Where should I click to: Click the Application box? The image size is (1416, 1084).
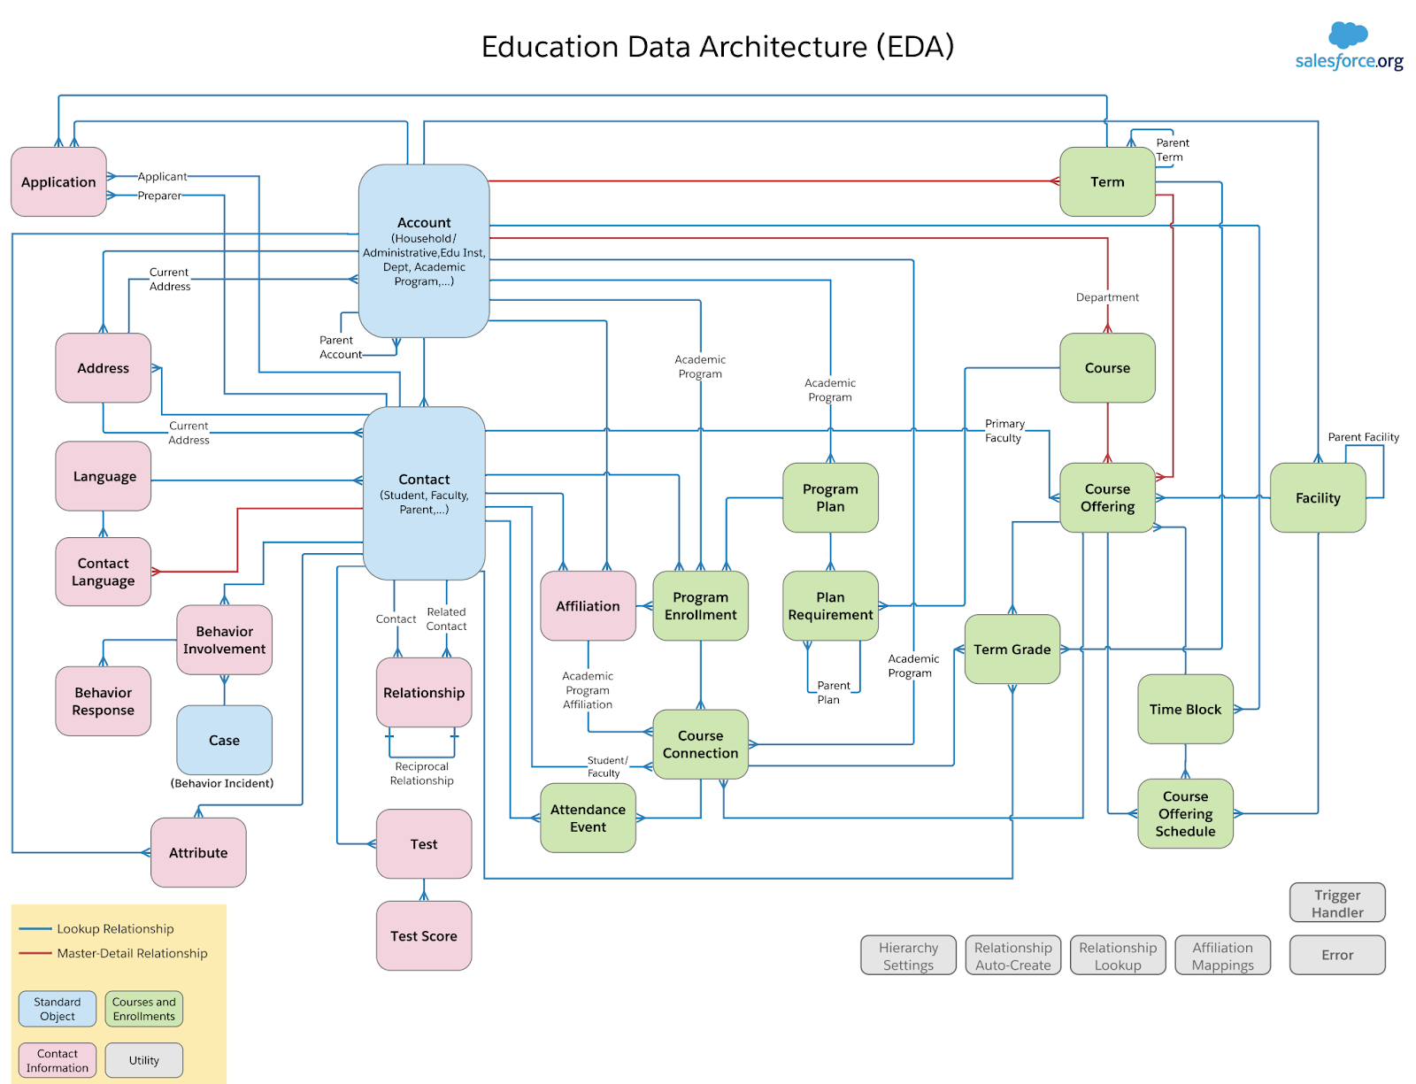click(x=58, y=181)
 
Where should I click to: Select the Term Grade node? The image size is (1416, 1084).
click(x=1012, y=649)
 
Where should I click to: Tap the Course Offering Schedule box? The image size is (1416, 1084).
click(x=1185, y=813)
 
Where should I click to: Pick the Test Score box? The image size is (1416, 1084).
click(x=424, y=935)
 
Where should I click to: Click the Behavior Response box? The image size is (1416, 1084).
click(x=104, y=701)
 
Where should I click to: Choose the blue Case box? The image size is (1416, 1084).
click(x=224, y=740)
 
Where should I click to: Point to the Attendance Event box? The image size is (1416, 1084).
click(x=588, y=818)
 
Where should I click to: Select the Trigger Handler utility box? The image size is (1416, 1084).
click(x=1337, y=903)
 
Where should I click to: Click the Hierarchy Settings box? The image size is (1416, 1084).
click(x=908, y=956)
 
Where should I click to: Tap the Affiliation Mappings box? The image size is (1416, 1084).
click(x=1222, y=956)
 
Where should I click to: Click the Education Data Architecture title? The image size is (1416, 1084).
click(x=717, y=46)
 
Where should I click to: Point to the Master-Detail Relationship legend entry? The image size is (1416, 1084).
click(x=132, y=953)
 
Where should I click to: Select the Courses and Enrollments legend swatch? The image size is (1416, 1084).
click(x=143, y=1009)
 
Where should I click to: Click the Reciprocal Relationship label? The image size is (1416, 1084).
click(x=422, y=773)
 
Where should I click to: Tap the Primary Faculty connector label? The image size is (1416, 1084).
click(x=1004, y=431)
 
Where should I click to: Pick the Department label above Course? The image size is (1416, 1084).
click(x=1107, y=297)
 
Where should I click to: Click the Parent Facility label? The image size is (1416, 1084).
click(x=1363, y=437)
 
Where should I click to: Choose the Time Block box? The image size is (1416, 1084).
click(x=1185, y=709)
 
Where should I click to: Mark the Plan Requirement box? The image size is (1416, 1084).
click(x=830, y=605)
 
